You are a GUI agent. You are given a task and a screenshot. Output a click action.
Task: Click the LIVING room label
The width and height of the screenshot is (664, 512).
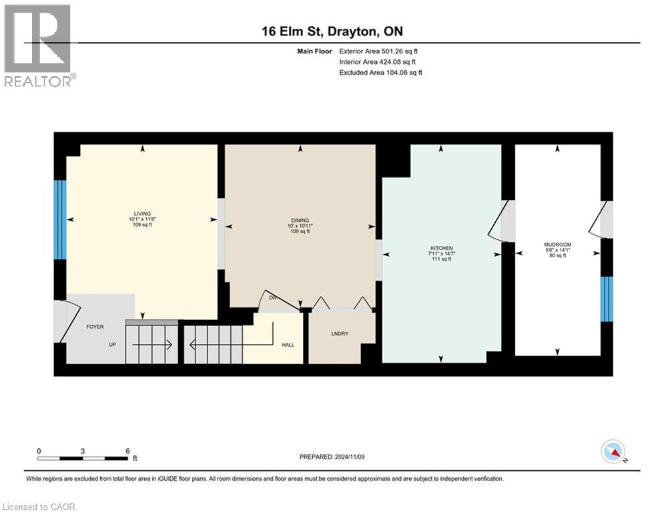pos(142,214)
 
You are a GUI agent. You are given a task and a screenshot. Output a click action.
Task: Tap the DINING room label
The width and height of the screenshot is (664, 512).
pos(300,221)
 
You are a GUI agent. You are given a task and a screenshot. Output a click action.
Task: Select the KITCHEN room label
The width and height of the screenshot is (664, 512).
pos(442,248)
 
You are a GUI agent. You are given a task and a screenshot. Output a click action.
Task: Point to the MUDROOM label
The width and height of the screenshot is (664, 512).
pos(558,245)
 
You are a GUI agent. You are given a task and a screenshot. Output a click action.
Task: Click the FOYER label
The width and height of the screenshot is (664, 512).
pos(95,327)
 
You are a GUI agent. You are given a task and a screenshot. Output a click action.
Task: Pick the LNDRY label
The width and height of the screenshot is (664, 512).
pos(340,333)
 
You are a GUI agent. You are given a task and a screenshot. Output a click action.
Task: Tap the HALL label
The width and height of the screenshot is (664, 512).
pos(288,345)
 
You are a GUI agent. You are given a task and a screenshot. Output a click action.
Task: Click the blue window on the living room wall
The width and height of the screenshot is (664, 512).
pos(60,219)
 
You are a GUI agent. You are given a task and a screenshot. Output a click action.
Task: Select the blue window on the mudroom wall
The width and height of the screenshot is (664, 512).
pos(607,299)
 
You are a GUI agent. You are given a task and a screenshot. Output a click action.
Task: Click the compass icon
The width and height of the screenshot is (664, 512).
pos(613,451)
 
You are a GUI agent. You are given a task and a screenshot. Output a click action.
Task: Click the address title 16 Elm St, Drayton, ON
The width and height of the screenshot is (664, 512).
pos(332,31)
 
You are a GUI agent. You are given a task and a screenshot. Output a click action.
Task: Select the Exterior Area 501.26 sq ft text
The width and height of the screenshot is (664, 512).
pos(378,51)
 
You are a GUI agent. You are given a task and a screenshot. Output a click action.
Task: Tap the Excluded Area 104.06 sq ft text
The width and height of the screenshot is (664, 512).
pos(380,73)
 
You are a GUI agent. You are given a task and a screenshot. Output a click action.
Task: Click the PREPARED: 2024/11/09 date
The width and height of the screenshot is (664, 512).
pos(332,457)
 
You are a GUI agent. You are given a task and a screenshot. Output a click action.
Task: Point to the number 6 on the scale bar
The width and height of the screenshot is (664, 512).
pos(127,451)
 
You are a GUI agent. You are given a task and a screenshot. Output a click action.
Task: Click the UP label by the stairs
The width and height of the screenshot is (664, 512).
pos(112,345)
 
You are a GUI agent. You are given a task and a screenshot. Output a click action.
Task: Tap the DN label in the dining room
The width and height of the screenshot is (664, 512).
pos(273,298)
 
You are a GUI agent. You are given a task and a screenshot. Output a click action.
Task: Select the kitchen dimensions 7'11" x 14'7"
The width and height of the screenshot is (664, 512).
pos(442,253)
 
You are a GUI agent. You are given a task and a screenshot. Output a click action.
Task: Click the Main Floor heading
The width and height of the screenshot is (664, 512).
pos(314,51)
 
